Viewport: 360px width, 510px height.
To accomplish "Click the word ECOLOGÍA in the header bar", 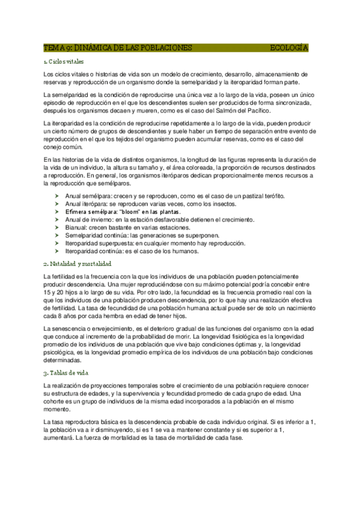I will [289, 48].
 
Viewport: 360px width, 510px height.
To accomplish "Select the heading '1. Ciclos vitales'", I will [64, 62].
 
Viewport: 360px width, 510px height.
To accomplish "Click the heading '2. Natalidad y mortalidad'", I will [78, 264].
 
